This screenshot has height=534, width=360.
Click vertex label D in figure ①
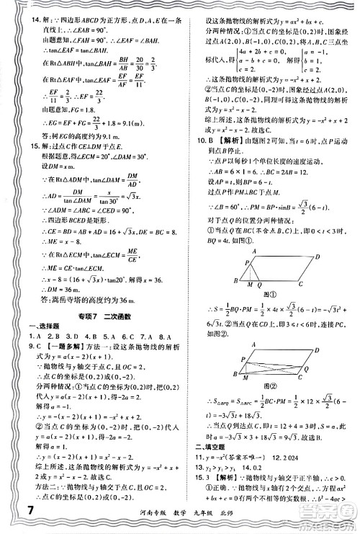pyautogui.click(x=318, y=255)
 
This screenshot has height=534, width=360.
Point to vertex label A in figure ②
pyautogui.click(x=250, y=345)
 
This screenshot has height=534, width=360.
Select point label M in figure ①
pyautogui.click(x=251, y=285)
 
